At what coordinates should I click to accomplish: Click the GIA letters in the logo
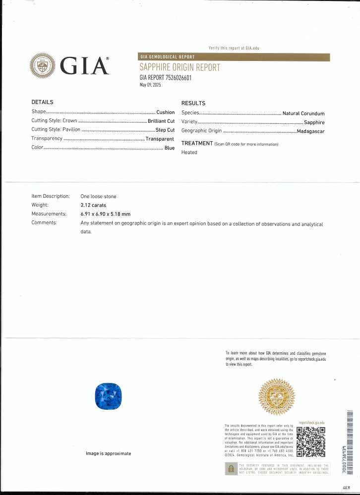84,65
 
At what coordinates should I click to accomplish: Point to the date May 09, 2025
151,85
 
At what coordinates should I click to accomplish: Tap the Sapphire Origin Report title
180,67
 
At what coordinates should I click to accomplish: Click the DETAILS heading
42,102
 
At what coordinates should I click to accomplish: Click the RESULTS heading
193,103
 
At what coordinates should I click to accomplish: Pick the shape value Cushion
165,112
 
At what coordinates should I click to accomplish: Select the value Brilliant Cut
161,121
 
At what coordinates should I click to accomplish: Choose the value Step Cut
165,130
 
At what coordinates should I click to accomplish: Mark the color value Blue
170,148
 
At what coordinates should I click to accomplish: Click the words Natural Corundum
303,113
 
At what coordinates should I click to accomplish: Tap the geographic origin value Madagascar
310,131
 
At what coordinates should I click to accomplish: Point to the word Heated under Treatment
189,153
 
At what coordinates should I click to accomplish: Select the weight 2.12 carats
93,205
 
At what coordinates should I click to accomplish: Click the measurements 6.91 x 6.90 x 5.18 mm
105,214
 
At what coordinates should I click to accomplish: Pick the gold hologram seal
277,397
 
